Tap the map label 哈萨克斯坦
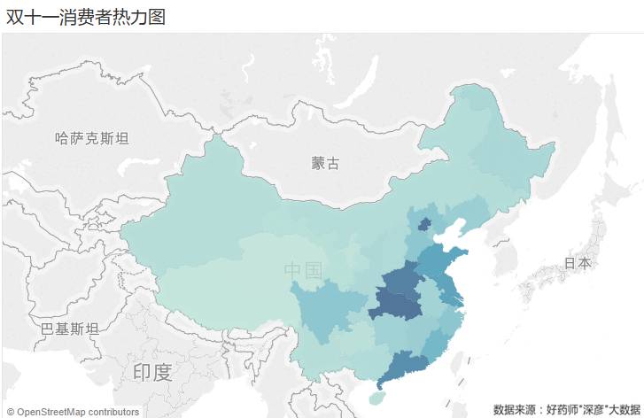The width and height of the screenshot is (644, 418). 91,138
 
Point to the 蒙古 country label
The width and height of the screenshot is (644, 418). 325,163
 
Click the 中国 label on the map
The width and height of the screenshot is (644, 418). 303,270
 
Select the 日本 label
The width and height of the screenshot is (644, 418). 578,263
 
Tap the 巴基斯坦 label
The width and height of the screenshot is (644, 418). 69,329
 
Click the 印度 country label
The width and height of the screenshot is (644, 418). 151,372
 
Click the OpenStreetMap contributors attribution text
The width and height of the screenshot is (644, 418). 73,411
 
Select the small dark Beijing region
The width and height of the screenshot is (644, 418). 424,224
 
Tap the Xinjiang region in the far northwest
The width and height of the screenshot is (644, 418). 204,213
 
